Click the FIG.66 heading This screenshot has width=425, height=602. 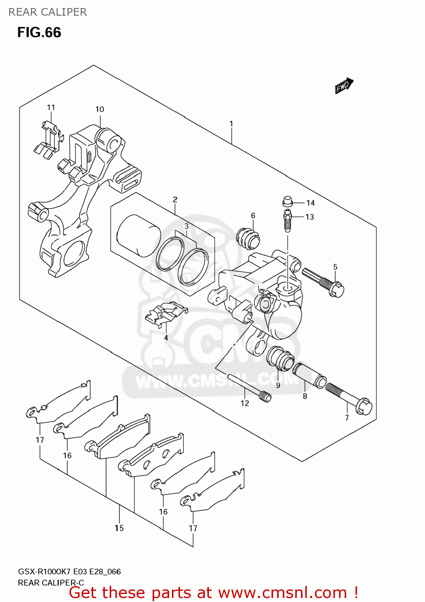coord(39,33)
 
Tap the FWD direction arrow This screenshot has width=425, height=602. coord(344,85)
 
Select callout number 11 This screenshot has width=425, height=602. coord(51,108)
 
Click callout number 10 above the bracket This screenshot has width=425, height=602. coord(100,109)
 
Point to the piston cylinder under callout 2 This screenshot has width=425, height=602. coord(138,236)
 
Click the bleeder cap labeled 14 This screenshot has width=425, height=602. coord(287,201)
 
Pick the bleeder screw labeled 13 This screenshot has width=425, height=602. coord(287,221)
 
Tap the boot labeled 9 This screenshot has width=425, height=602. coord(280,358)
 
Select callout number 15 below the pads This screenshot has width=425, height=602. coord(119,528)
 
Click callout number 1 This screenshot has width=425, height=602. coord(231,124)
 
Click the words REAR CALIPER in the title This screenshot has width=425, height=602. coord(47,12)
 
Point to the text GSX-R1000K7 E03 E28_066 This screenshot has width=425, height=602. coord(69,571)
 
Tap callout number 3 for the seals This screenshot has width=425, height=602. coord(187,226)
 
